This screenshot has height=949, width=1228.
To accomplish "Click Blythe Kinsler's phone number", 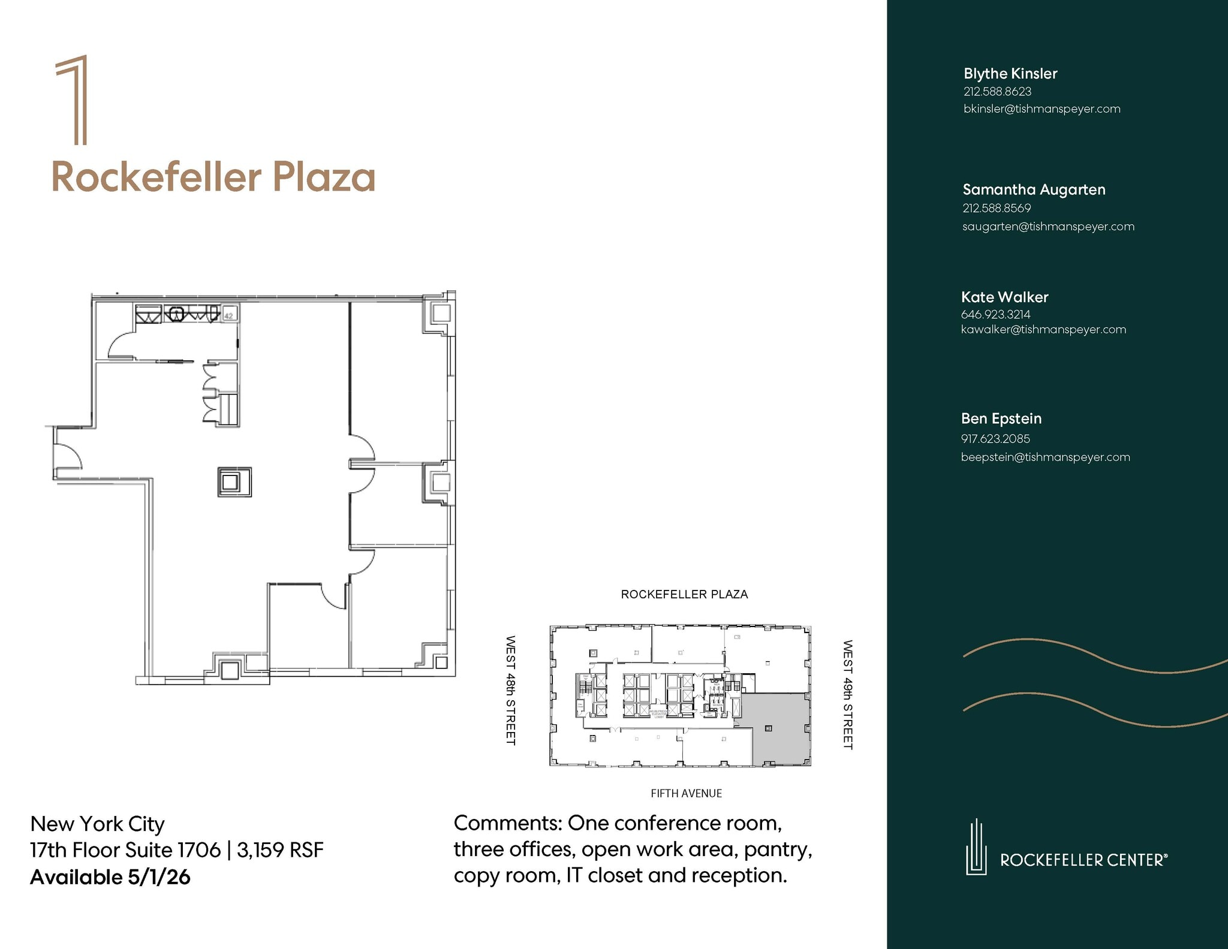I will [x=997, y=92].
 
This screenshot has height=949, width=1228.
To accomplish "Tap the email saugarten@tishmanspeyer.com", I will [x=1048, y=227].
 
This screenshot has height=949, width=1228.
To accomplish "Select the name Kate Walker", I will [x=1004, y=297].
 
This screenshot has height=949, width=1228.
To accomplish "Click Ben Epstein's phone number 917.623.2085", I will [x=995, y=438].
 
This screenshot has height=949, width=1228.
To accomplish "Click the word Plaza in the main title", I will [x=324, y=178].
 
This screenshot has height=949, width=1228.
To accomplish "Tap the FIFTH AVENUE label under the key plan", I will [x=686, y=793].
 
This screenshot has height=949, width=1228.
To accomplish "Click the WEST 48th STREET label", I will [x=510, y=690].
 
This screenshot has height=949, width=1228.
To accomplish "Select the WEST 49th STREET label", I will [x=847, y=694].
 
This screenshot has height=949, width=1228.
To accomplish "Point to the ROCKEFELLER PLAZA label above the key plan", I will [x=684, y=594].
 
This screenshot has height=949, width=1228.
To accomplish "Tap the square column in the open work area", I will [x=234, y=482].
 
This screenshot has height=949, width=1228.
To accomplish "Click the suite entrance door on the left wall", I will [x=66, y=454].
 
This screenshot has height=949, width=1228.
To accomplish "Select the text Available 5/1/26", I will [x=110, y=877].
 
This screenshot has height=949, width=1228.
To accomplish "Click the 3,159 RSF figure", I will [x=280, y=850].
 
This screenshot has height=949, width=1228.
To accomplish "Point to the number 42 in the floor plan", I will [x=228, y=315].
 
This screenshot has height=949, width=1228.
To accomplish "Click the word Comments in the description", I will [x=507, y=823].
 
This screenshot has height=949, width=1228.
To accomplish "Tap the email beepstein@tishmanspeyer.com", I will [x=1045, y=457].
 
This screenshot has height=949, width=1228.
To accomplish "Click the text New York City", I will [x=97, y=824].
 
